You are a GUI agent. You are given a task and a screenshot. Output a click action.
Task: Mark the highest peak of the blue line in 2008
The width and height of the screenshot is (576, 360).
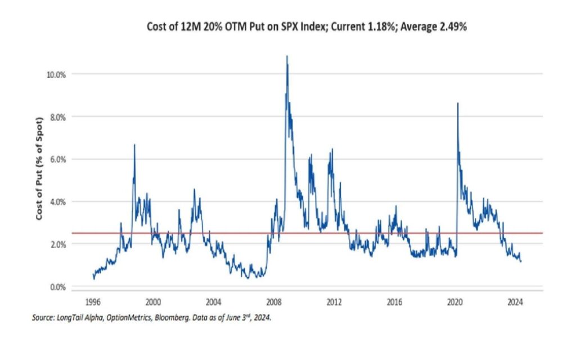tap(287, 56)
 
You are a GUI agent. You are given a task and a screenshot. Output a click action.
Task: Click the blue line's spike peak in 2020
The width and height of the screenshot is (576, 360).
tap(458, 103)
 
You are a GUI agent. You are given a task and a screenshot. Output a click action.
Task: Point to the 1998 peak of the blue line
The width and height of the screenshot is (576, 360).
tap(134, 145)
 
